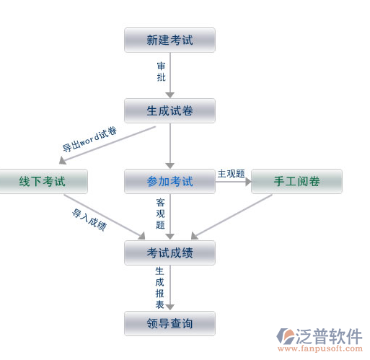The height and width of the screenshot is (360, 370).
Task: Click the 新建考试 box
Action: (x=169, y=40)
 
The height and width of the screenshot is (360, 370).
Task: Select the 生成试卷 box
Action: (x=169, y=110)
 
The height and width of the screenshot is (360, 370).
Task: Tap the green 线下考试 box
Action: (x=43, y=181)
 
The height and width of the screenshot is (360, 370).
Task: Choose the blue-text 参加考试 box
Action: (x=169, y=181)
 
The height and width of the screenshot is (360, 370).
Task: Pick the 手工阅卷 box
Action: (x=296, y=181)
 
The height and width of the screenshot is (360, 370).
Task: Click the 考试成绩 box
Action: (x=169, y=253)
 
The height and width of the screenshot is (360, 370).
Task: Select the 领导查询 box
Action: (x=169, y=323)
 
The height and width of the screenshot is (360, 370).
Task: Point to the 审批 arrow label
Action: (x=162, y=71)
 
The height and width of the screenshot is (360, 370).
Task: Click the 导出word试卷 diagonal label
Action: (x=89, y=139)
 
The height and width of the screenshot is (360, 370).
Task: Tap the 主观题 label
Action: (x=231, y=174)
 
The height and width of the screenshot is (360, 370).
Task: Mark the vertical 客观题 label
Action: (x=160, y=214)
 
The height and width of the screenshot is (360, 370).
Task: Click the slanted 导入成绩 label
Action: (x=89, y=220)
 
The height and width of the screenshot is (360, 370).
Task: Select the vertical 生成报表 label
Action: (x=159, y=288)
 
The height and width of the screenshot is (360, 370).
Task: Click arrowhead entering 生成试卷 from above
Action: (x=170, y=95)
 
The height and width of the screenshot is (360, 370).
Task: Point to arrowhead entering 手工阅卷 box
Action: (x=248, y=182)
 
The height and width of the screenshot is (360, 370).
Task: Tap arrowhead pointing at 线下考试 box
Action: (x=62, y=161)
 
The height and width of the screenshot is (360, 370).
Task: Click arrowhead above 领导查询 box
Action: (x=170, y=307)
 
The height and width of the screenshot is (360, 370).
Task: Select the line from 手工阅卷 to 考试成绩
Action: (x=232, y=216)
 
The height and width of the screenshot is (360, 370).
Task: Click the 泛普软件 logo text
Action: (x=329, y=336)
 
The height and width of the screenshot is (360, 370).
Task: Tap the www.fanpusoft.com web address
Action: (x=320, y=348)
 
